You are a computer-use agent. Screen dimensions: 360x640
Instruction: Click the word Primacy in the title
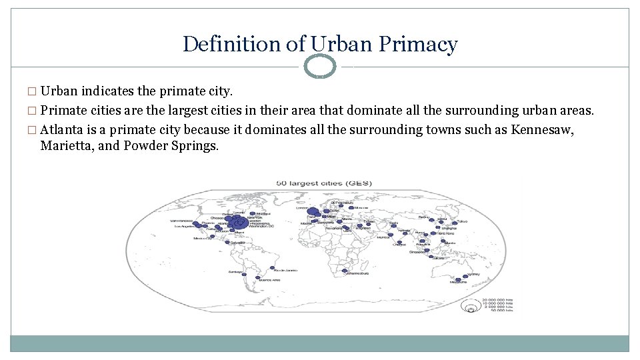418,44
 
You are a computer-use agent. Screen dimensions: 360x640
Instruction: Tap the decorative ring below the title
320,66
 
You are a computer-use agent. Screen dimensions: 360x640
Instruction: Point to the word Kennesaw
541,129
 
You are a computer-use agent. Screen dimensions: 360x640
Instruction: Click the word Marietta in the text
65,145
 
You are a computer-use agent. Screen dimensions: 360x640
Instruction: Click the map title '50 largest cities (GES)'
320,183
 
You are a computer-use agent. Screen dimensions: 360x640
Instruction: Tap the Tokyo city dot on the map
455,222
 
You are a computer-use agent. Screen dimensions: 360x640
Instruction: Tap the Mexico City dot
209,238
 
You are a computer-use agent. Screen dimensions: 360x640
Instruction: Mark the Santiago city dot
244,274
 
